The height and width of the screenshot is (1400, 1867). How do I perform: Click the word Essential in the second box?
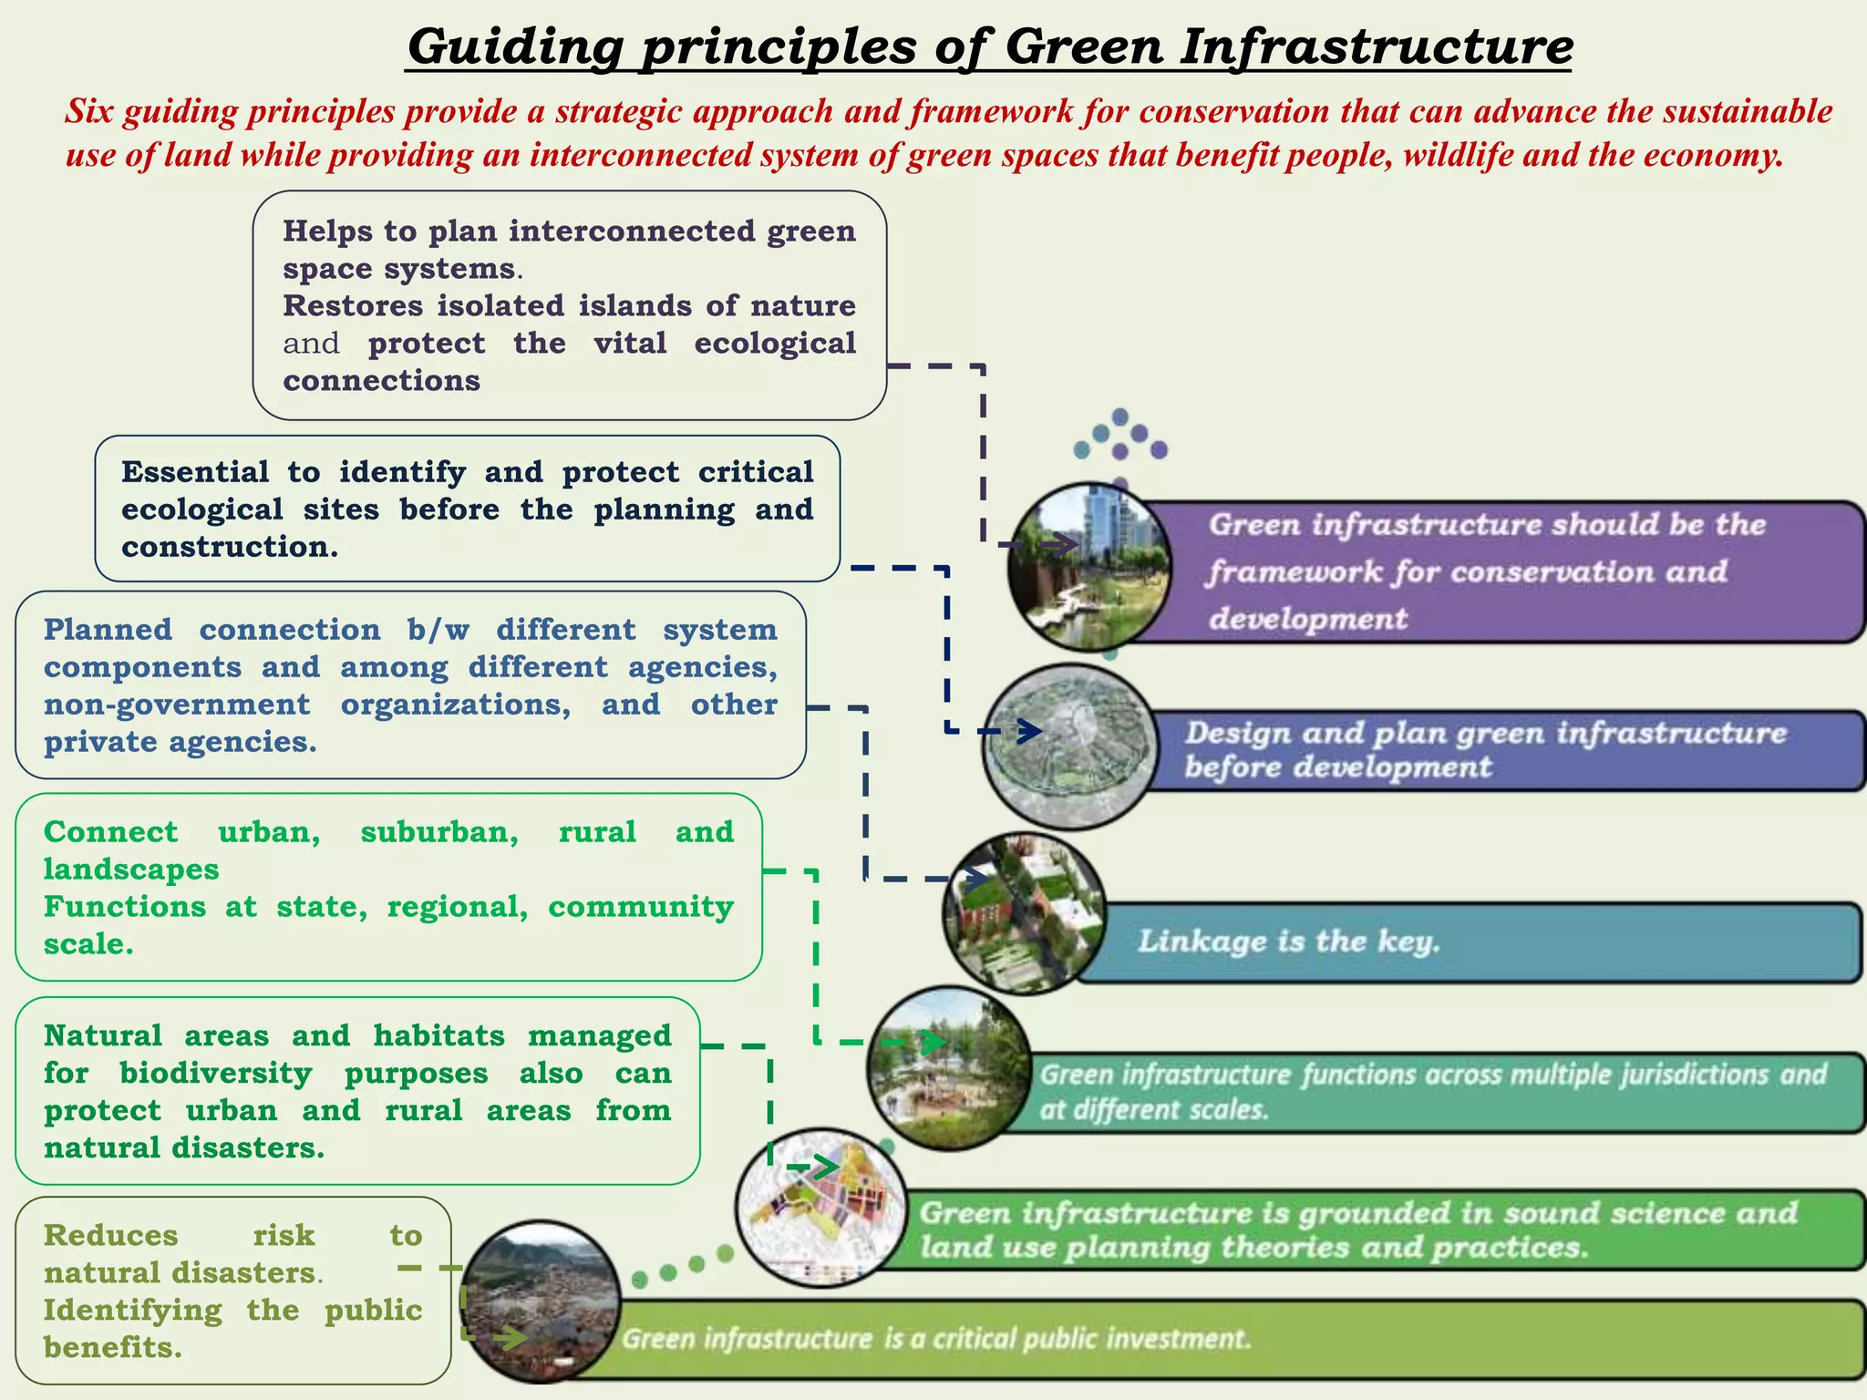(194, 472)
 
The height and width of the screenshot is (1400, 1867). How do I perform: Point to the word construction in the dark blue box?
(227, 547)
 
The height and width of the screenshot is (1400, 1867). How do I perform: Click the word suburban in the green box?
(439, 832)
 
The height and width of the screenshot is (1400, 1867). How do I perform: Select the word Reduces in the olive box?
(110, 1236)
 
